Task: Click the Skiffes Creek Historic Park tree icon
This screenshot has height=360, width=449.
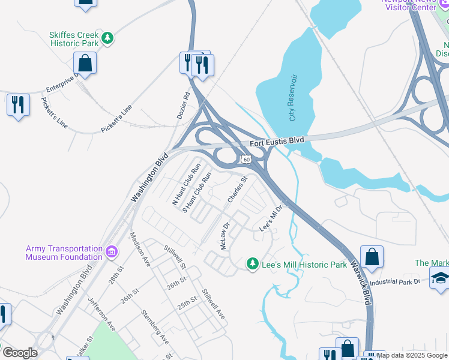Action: pos(107,38)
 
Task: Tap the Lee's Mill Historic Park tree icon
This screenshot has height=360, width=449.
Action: pos(253,263)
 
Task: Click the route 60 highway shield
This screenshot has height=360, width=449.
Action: pos(246,160)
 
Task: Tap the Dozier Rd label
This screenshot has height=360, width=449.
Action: pos(184,104)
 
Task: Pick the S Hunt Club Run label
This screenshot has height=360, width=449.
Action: pos(197,193)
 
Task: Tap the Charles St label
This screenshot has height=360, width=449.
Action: pos(237,189)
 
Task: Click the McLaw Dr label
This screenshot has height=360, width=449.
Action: pos(225,237)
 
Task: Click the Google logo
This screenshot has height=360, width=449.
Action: pos(20,353)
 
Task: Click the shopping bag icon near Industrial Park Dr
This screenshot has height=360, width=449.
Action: pos(372,256)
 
